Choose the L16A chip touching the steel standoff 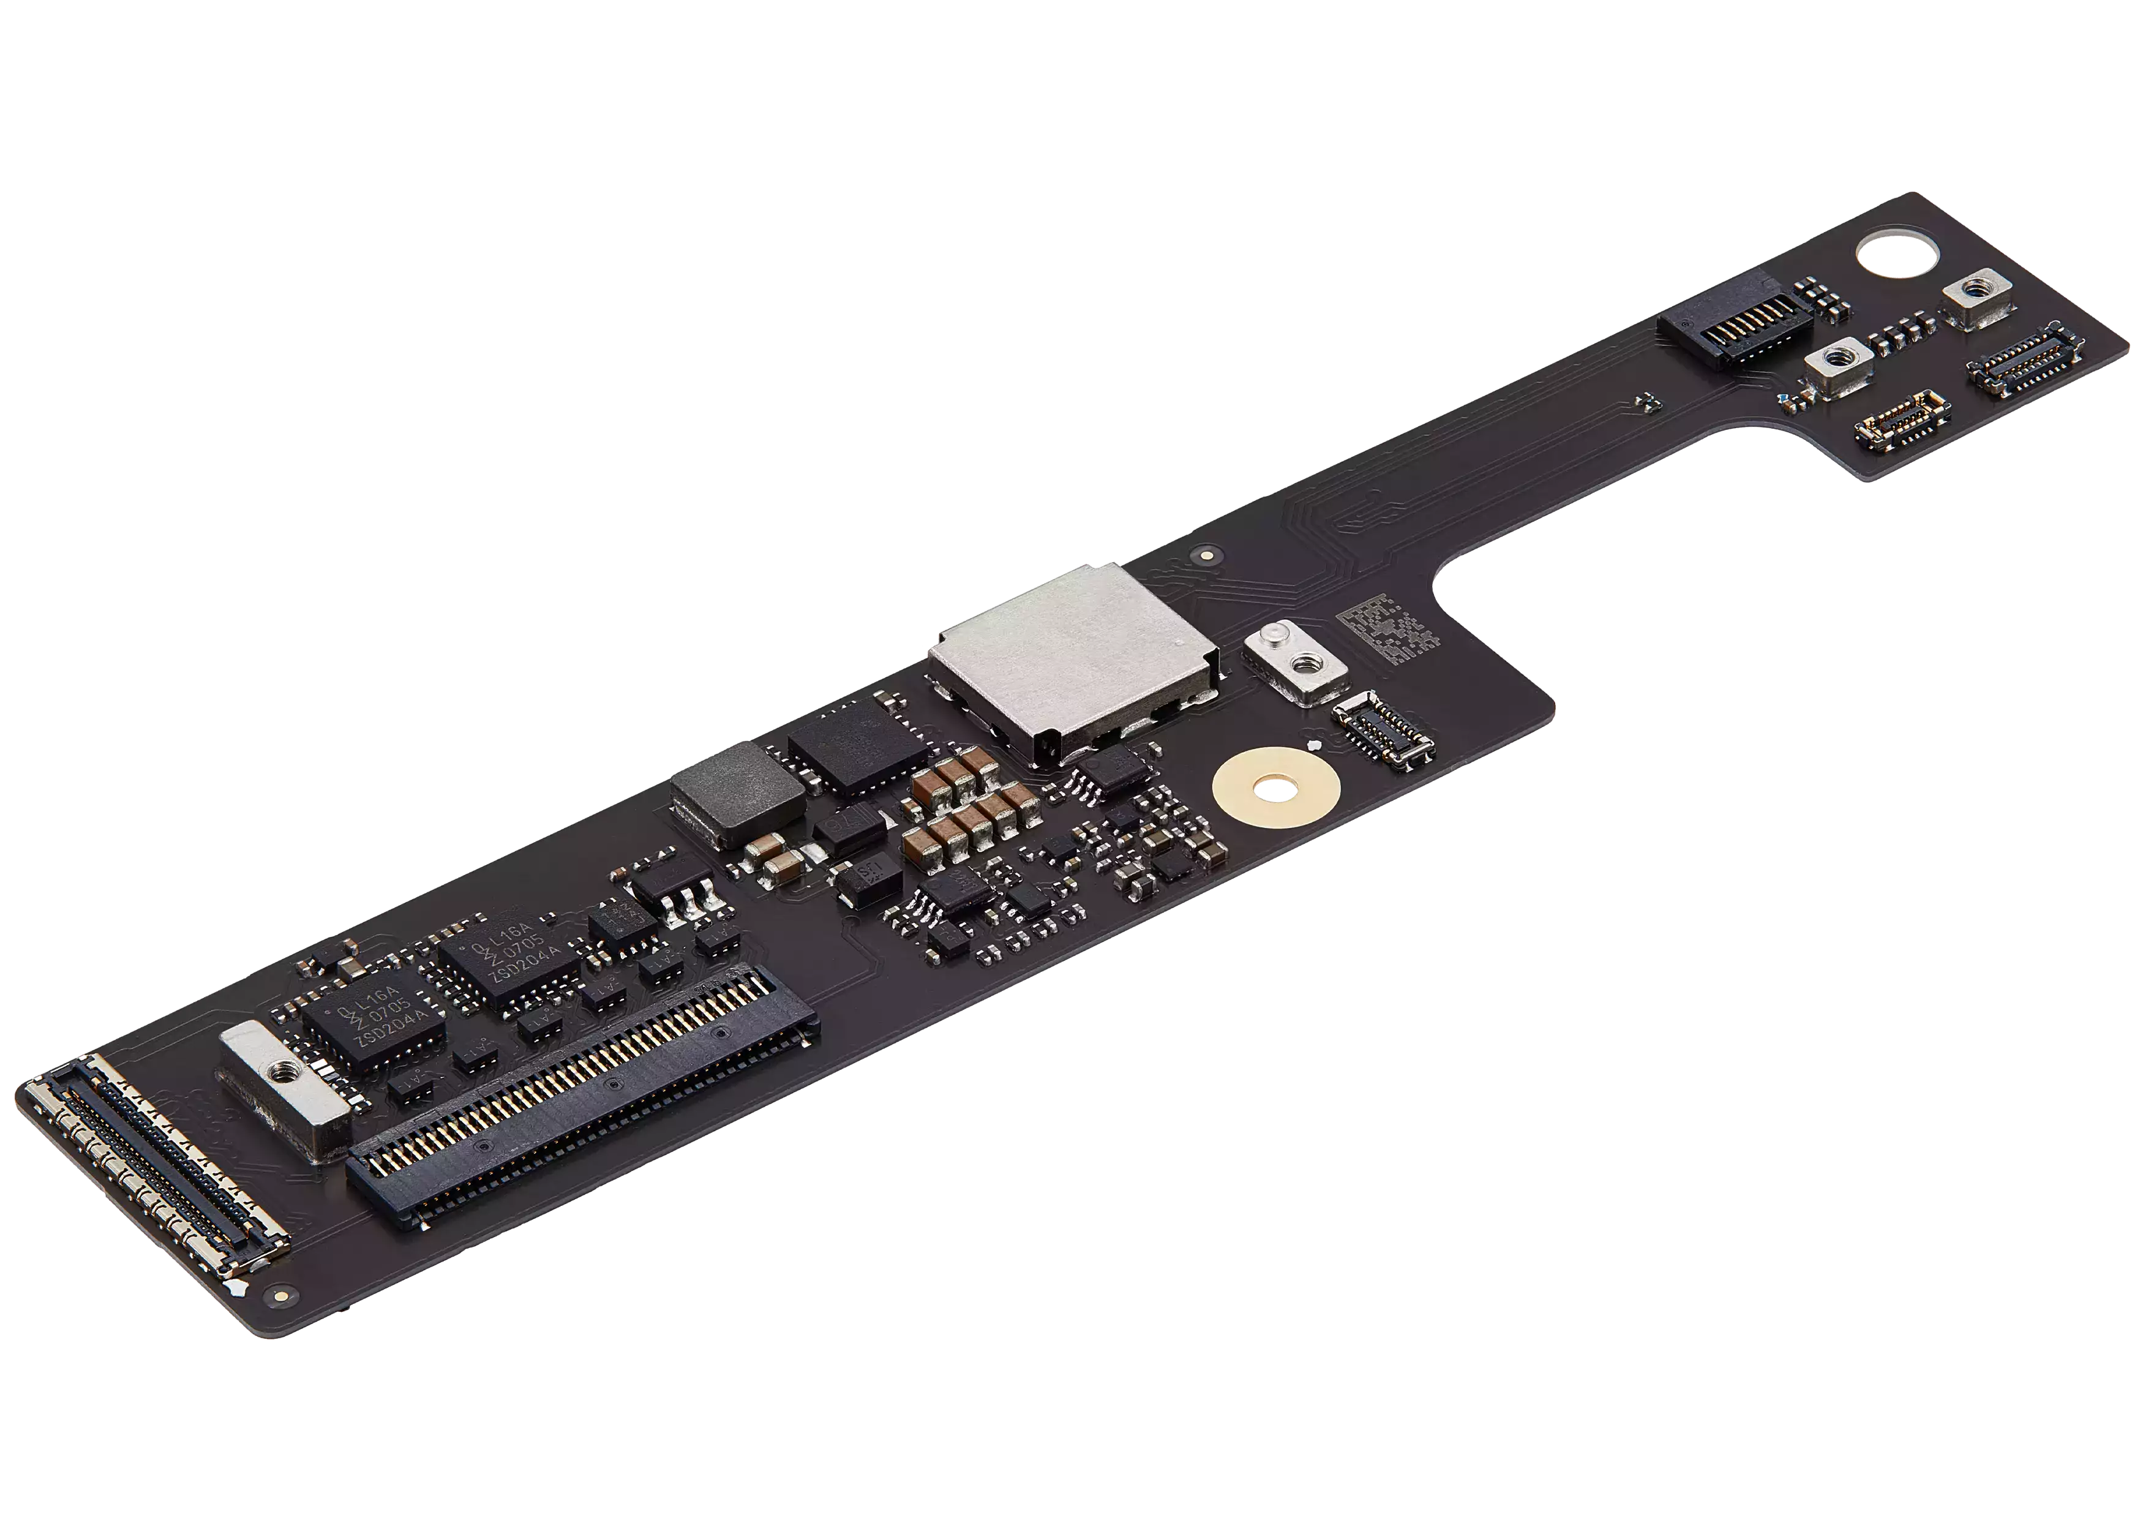pos(372,1026)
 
